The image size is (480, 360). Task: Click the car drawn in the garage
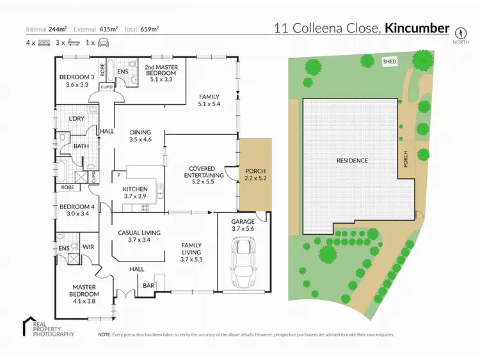[243, 262]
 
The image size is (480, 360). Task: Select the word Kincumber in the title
[418, 28]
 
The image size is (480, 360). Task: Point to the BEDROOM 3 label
[77, 81]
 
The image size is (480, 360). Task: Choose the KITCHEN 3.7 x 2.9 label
[135, 193]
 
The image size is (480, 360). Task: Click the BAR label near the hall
[148, 285]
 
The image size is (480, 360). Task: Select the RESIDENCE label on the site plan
[353, 160]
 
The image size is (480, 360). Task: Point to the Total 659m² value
[150, 29]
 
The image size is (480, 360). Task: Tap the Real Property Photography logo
[48, 327]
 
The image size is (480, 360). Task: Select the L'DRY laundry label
[77, 119]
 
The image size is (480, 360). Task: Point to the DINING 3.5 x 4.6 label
[140, 136]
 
